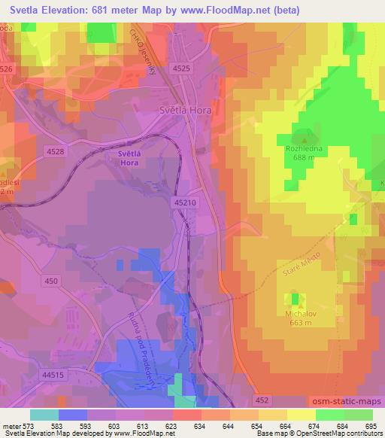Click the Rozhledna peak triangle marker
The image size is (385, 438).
pos(305,138)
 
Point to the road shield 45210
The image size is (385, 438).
pos(185,202)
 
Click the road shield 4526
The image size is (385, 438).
pos(7,68)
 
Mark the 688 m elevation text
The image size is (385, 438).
pos(305,158)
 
